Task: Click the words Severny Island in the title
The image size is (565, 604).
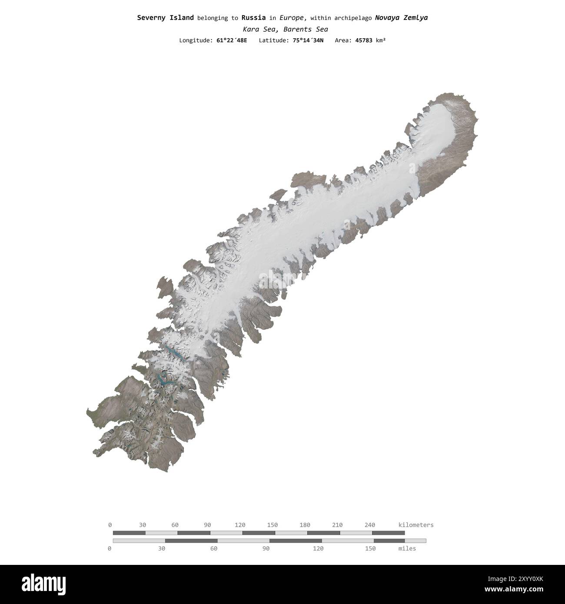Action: [x=165, y=18]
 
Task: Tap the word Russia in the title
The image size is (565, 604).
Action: [x=253, y=18]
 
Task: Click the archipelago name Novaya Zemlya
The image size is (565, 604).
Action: [x=401, y=18]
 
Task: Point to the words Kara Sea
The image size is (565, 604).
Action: [x=261, y=30]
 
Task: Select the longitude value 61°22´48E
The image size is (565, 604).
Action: [x=232, y=40]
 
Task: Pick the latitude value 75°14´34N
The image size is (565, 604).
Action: [x=308, y=40]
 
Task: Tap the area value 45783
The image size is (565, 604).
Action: [x=364, y=40]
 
